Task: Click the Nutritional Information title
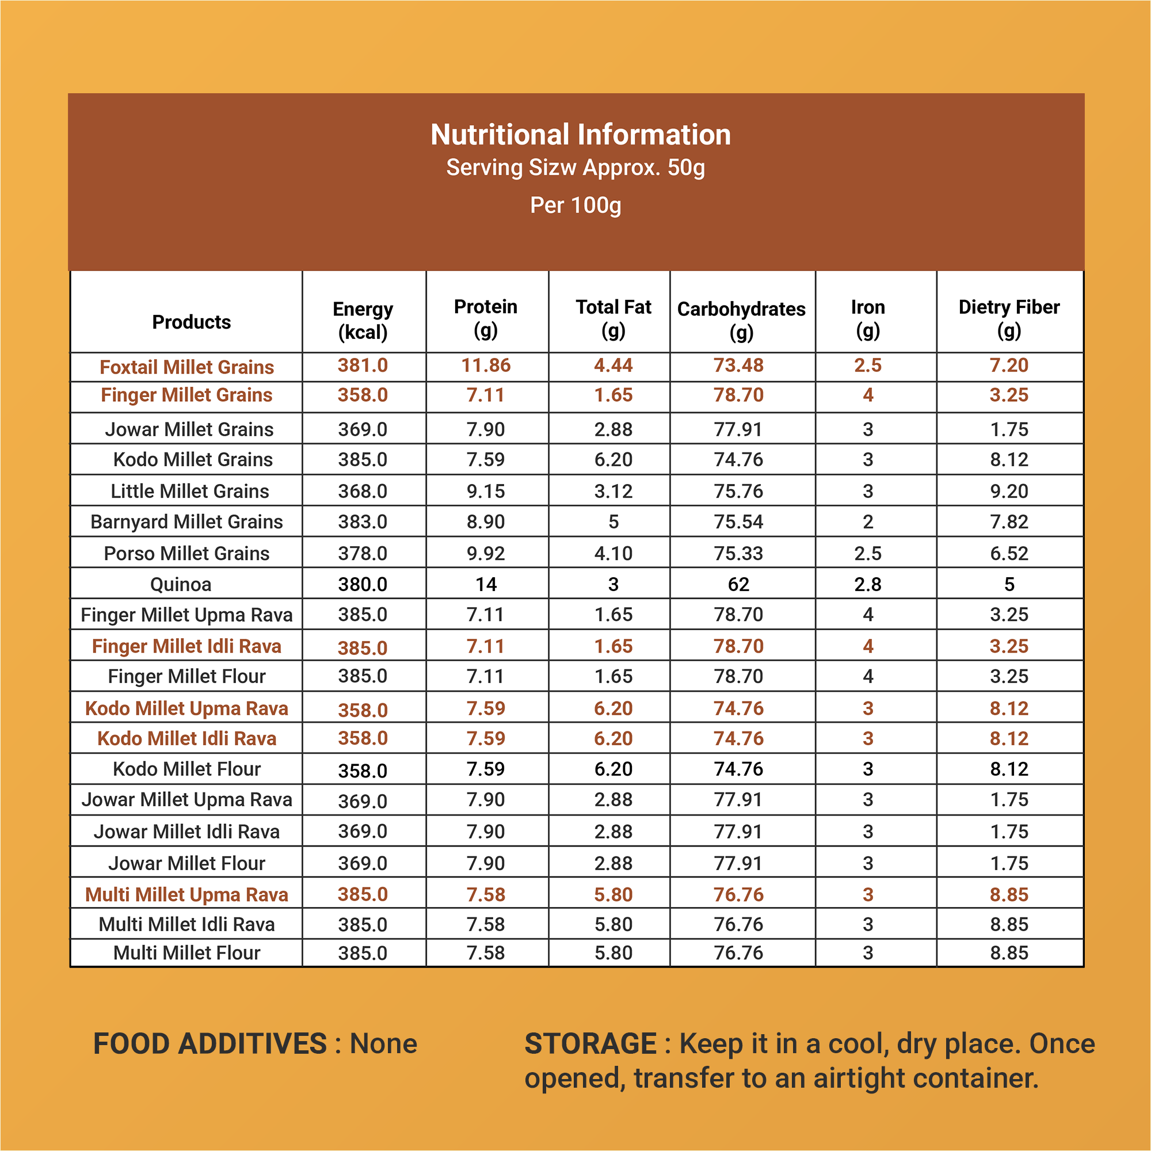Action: (x=580, y=135)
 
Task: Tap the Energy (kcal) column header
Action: (x=363, y=321)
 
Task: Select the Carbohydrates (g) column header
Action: (x=741, y=321)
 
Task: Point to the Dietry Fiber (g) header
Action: (x=1009, y=319)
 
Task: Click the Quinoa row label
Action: (x=181, y=585)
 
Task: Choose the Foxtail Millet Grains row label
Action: (x=186, y=367)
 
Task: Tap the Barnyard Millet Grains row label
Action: (x=186, y=522)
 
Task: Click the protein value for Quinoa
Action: (x=486, y=585)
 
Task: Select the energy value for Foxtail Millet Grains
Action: (x=363, y=365)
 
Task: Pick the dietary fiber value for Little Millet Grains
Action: (x=1009, y=491)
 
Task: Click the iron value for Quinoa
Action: (x=868, y=585)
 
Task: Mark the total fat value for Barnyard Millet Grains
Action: (x=613, y=522)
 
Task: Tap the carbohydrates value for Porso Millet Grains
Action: (x=739, y=554)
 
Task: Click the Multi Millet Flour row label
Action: (x=186, y=952)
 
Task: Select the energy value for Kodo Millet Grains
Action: (x=363, y=459)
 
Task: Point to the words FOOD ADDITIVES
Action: (x=210, y=1044)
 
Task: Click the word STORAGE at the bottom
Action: (x=590, y=1044)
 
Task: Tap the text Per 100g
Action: (x=575, y=205)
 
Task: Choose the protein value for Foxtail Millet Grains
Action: (x=486, y=365)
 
